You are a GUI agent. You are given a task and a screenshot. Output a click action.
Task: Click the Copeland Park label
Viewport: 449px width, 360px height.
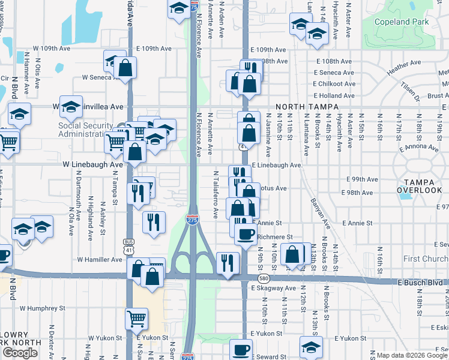pyautogui.click(x=401, y=22)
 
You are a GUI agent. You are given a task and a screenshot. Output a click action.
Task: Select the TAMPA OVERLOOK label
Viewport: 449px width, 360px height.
pyautogui.click(x=419, y=186)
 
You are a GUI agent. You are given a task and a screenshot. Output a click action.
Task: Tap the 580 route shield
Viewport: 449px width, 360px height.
pyautogui.click(x=264, y=279)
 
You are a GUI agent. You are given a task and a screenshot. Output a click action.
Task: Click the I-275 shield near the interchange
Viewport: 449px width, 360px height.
pyautogui.click(x=192, y=220)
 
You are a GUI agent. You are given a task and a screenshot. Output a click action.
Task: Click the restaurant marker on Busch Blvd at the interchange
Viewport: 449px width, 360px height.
pyautogui.click(x=228, y=263)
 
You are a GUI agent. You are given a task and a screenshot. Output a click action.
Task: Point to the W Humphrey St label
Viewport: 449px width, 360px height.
pyautogui.click(x=42, y=308)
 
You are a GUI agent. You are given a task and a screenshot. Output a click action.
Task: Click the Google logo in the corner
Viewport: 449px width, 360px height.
pyautogui.click(x=20, y=353)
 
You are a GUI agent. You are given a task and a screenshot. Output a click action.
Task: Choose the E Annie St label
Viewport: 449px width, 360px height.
pyautogui.click(x=358, y=223)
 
